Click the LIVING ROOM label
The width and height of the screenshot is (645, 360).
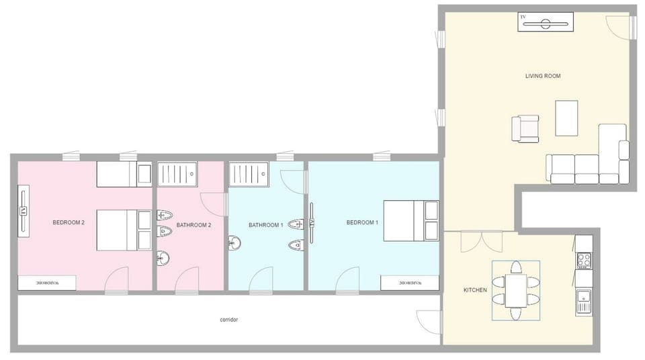tap(542, 76)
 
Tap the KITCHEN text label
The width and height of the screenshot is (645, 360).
tap(475, 290)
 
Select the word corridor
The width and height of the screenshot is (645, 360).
tap(228, 320)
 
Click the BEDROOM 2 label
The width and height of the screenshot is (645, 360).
tap(68, 222)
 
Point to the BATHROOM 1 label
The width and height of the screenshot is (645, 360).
tap(265, 225)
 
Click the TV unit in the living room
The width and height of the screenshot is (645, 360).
tap(545, 21)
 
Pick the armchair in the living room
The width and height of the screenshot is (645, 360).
tap(525, 128)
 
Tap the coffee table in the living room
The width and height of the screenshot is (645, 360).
tap(566, 118)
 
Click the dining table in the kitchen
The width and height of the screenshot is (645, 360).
tap(516, 290)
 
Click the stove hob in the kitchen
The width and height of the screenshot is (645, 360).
tap(583, 259)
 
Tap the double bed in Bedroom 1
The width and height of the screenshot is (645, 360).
tap(411, 220)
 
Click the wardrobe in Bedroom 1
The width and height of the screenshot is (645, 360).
tap(409, 283)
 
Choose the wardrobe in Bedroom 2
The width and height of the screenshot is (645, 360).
tap(46, 283)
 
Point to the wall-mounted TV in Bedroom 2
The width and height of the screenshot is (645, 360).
tap(24, 212)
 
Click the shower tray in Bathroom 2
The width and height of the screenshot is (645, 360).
tap(177, 173)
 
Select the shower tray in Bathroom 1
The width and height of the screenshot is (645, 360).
tap(248, 173)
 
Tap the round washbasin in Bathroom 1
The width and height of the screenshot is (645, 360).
tap(234, 243)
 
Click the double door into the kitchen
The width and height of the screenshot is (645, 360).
tap(481, 241)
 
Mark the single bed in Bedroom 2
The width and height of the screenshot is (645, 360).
tap(124, 174)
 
